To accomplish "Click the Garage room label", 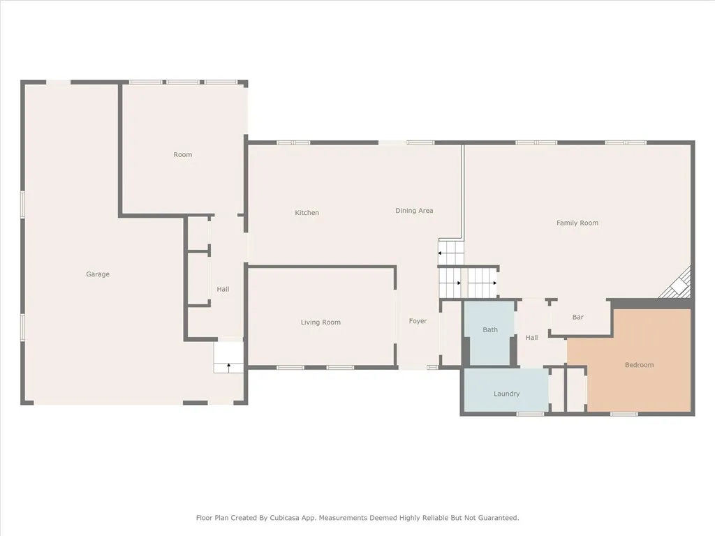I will (98, 274).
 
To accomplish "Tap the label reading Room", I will (183, 155).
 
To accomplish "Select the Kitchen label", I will (307, 213).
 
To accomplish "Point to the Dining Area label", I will (414, 211).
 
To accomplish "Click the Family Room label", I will (577, 223).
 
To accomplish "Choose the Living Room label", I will (320, 322).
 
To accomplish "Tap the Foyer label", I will (418, 321).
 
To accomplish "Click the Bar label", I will (578, 318).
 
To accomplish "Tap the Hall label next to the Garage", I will (223, 290).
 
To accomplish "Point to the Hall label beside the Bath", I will (531, 338).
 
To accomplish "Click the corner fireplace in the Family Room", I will (679, 285).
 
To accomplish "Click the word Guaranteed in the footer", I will (497, 518).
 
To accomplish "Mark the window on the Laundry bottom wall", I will (530, 414).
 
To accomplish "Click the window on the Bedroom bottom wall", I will (624, 414).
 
